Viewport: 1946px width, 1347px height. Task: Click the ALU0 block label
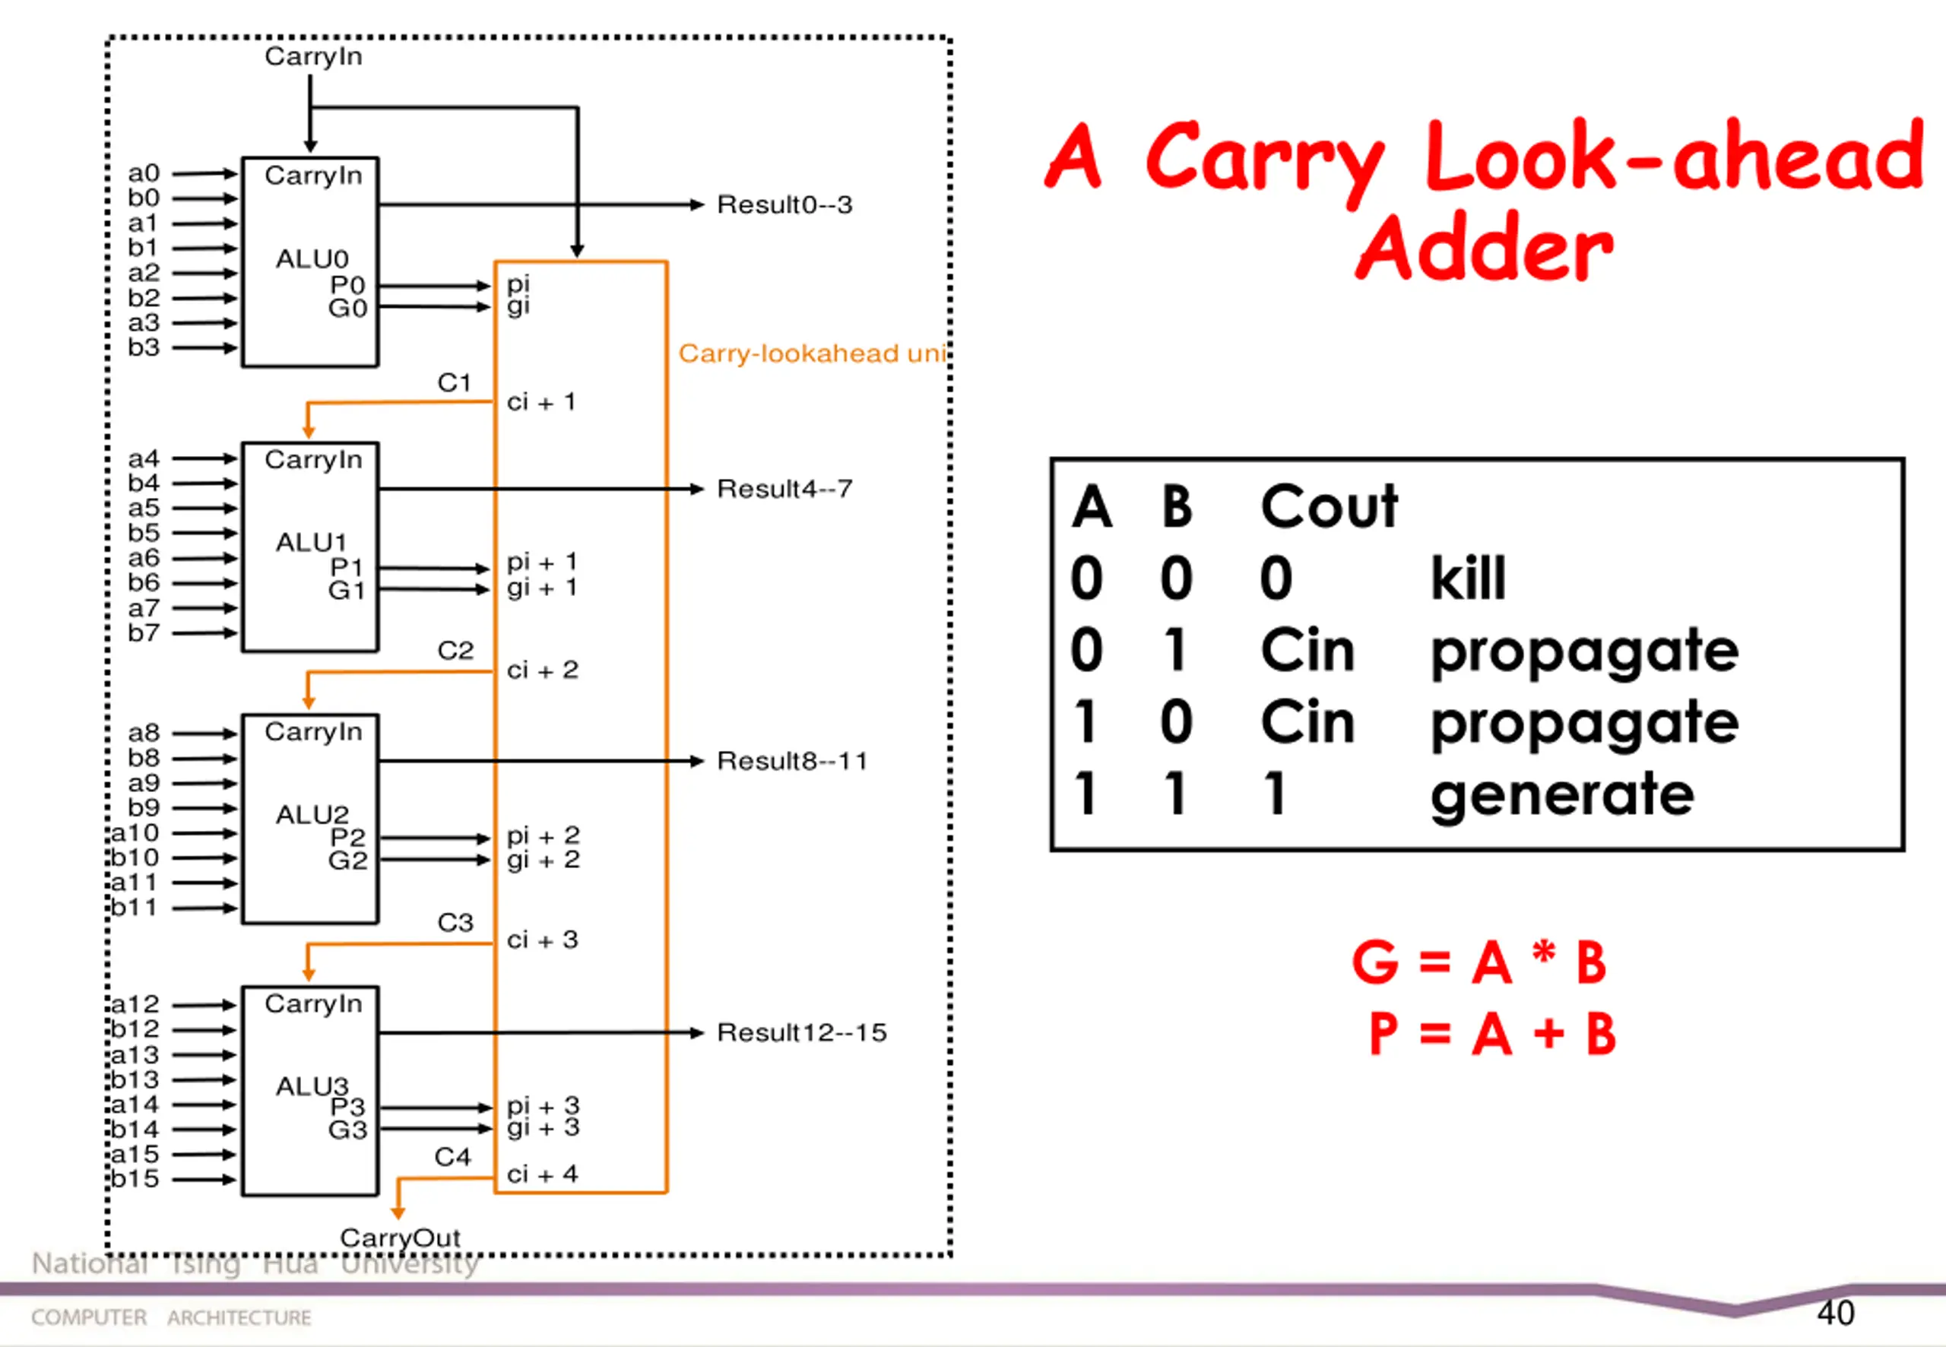click(x=312, y=258)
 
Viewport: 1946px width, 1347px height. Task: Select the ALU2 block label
click(x=312, y=814)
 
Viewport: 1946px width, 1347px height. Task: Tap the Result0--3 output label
click(x=784, y=205)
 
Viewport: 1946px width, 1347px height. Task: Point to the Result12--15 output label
click(x=801, y=1032)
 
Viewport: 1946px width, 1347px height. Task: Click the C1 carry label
click(x=454, y=383)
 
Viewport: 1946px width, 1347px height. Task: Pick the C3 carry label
click(x=455, y=923)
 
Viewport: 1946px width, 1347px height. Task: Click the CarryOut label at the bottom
click(x=400, y=1238)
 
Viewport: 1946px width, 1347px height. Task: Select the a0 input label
click(x=144, y=173)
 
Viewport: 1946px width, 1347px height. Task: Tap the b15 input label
click(x=135, y=1178)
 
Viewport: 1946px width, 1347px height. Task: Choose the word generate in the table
click(x=1561, y=795)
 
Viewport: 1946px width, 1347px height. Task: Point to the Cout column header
click(x=1328, y=506)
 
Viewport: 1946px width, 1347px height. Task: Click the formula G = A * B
click(x=1479, y=962)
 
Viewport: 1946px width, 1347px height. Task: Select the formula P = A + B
click(x=1491, y=1034)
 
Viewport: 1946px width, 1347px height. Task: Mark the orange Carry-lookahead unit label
click(x=812, y=353)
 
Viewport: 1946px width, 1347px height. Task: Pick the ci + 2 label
click(x=542, y=670)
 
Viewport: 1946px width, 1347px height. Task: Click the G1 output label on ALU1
click(x=347, y=590)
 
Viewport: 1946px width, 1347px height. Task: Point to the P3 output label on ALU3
click(x=347, y=1107)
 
